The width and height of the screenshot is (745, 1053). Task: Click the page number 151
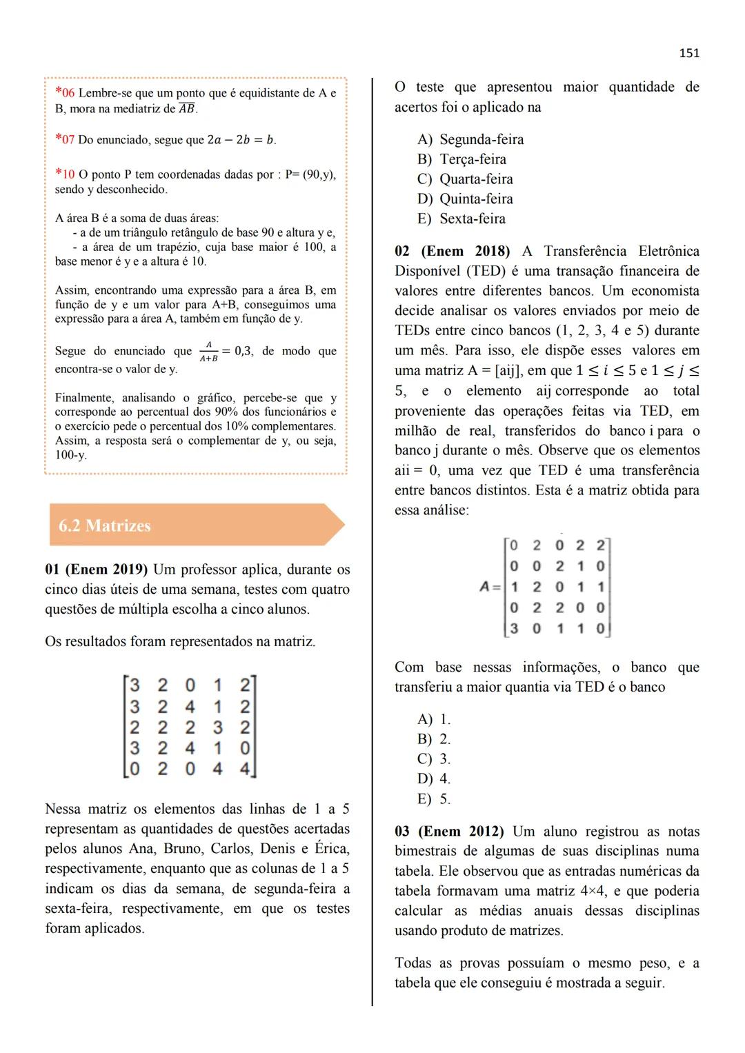pyautogui.click(x=689, y=53)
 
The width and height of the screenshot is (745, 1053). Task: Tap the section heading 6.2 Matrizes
pyautogui.click(x=105, y=525)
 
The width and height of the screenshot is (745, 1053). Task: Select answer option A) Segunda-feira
pyautogui.click(x=471, y=139)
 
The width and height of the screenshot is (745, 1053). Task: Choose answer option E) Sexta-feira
pyautogui.click(x=462, y=219)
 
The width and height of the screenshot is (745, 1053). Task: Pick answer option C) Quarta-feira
pyautogui.click(x=466, y=179)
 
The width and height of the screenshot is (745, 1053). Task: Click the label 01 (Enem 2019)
pyautogui.click(x=96, y=570)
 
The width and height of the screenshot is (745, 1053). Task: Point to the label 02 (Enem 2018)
pyautogui.click(x=452, y=251)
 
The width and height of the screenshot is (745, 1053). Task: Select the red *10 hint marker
pyautogui.click(x=64, y=174)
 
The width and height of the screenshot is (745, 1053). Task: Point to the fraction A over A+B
pyautogui.click(x=208, y=352)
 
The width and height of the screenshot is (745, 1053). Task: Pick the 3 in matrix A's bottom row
pyautogui.click(x=514, y=629)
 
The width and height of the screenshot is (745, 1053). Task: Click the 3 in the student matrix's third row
pyautogui.click(x=217, y=728)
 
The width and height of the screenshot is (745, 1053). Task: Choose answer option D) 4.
pyautogui.click(x=435, y=779)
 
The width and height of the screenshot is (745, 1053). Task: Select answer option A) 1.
pyautogui.click(x=435, y=719)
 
